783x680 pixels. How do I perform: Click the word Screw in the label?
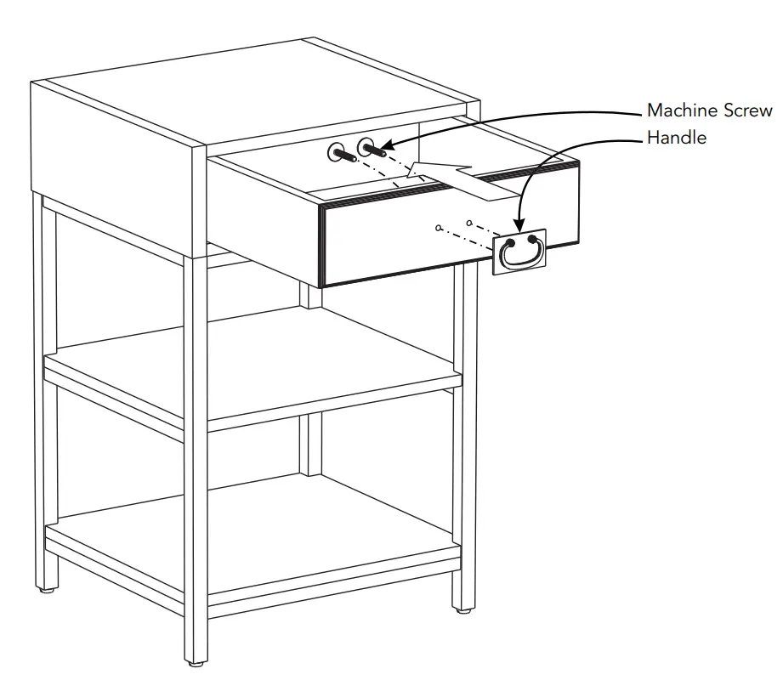tap(748, 110)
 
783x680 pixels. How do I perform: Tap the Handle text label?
tap(676, 137)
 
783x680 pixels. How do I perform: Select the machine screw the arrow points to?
tap(371, 149)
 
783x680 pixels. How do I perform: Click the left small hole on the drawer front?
tap(438, 228)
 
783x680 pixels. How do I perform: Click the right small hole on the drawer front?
tap(469, 223)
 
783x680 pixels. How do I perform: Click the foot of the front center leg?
tap(196, 660)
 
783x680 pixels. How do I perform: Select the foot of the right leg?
tap(463, 609)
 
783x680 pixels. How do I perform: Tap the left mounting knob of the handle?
tap(509, 243)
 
